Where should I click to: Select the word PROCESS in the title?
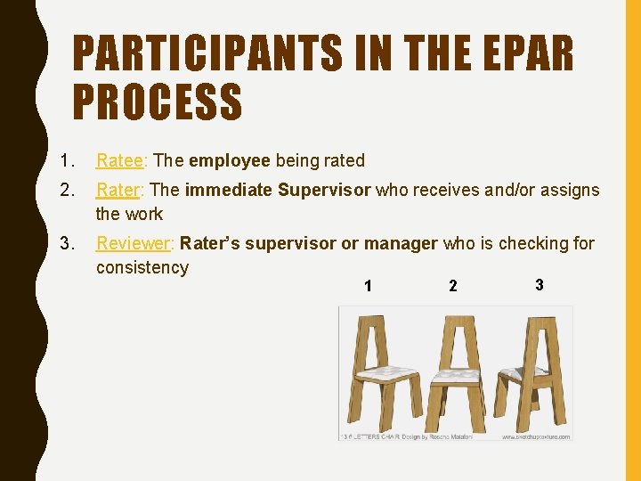pyautogui.click(x=157, y=101)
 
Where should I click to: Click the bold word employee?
pyautogui.click(x=230, y=160)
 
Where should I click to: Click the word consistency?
pyautogui.click(x=142, y=267)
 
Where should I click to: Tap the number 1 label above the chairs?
pyautogui.click(x=368, y=286)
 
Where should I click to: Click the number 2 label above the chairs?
pyautogui.click(x=453, y=286)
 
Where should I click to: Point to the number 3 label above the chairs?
pyautogui.click(x=540, y=284)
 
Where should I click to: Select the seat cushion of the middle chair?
pyautogui.click(x=456, y=377)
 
